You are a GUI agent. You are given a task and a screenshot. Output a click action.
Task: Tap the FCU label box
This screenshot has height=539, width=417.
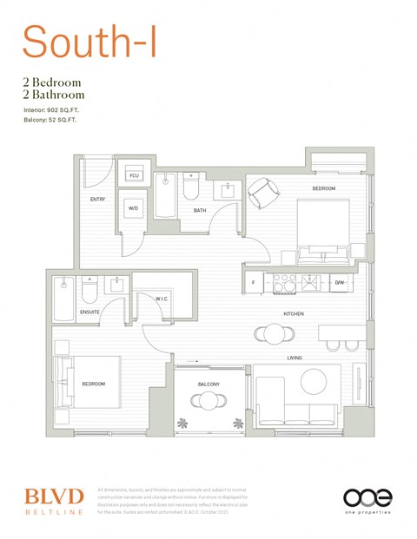click(134, 175)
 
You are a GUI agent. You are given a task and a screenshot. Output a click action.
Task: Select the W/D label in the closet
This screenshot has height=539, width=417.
click(134, 208)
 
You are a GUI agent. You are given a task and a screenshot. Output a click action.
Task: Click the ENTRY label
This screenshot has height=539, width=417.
click(98, 200)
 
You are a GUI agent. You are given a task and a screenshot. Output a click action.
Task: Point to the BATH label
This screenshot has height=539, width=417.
click(200, 210)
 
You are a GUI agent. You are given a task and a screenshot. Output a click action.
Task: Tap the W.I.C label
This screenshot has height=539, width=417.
click(162, 299)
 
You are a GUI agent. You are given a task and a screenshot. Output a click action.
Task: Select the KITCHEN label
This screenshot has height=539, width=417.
click(293, 313)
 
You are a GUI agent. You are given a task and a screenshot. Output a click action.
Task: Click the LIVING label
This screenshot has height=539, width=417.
click(295, 357)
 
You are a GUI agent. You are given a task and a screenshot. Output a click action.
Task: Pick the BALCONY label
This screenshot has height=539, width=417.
click(208, 385)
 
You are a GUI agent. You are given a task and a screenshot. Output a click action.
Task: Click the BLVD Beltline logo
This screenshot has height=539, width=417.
click(54, 501)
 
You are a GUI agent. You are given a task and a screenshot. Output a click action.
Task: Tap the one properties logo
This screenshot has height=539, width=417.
click(367, 501)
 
